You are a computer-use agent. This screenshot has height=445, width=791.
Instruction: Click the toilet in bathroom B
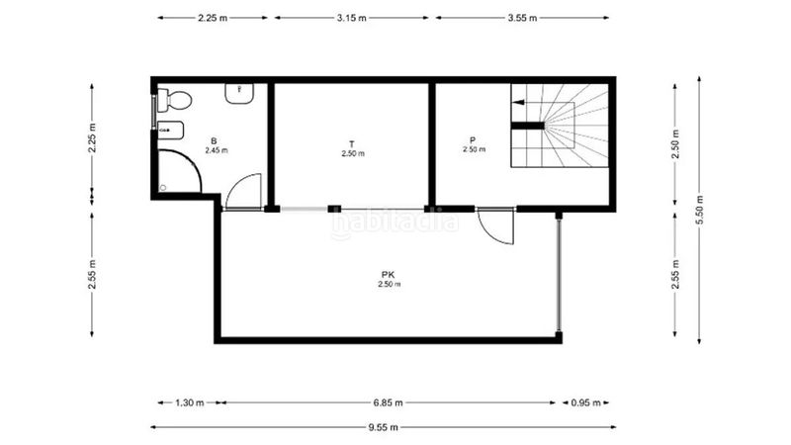click(174, 100)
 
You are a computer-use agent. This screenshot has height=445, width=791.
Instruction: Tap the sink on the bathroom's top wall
click(239, 93)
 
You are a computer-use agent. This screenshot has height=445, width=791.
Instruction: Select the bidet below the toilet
click(170, 131)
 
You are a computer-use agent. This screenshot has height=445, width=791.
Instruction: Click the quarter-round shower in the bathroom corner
click(180, 170)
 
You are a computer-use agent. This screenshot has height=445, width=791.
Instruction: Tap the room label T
click(352, 144)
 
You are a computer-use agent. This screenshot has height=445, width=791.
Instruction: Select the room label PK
click(388, 275)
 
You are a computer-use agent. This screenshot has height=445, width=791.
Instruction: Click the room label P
click(473, 139)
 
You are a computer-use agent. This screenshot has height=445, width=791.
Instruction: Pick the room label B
click(214, 140)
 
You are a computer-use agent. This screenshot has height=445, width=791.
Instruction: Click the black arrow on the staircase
click(518, 103)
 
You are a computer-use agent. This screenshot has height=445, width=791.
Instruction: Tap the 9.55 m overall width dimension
click(383, 427)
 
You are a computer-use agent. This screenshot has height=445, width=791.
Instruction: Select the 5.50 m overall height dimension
click(699, 210)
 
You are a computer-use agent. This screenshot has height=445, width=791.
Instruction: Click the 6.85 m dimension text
click(388, 402)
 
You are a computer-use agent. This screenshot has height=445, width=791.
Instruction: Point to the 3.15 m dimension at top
click(352, 18)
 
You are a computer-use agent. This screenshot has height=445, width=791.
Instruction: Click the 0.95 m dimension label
click(585, 402)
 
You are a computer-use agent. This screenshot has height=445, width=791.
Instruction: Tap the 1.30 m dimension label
click(189, 402)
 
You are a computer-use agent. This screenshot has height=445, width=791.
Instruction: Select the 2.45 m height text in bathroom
click(217, 150)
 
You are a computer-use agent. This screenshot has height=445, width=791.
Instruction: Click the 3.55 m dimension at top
click(522, 18)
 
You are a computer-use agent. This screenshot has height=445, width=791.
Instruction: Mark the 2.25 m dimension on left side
click(92, 137)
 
